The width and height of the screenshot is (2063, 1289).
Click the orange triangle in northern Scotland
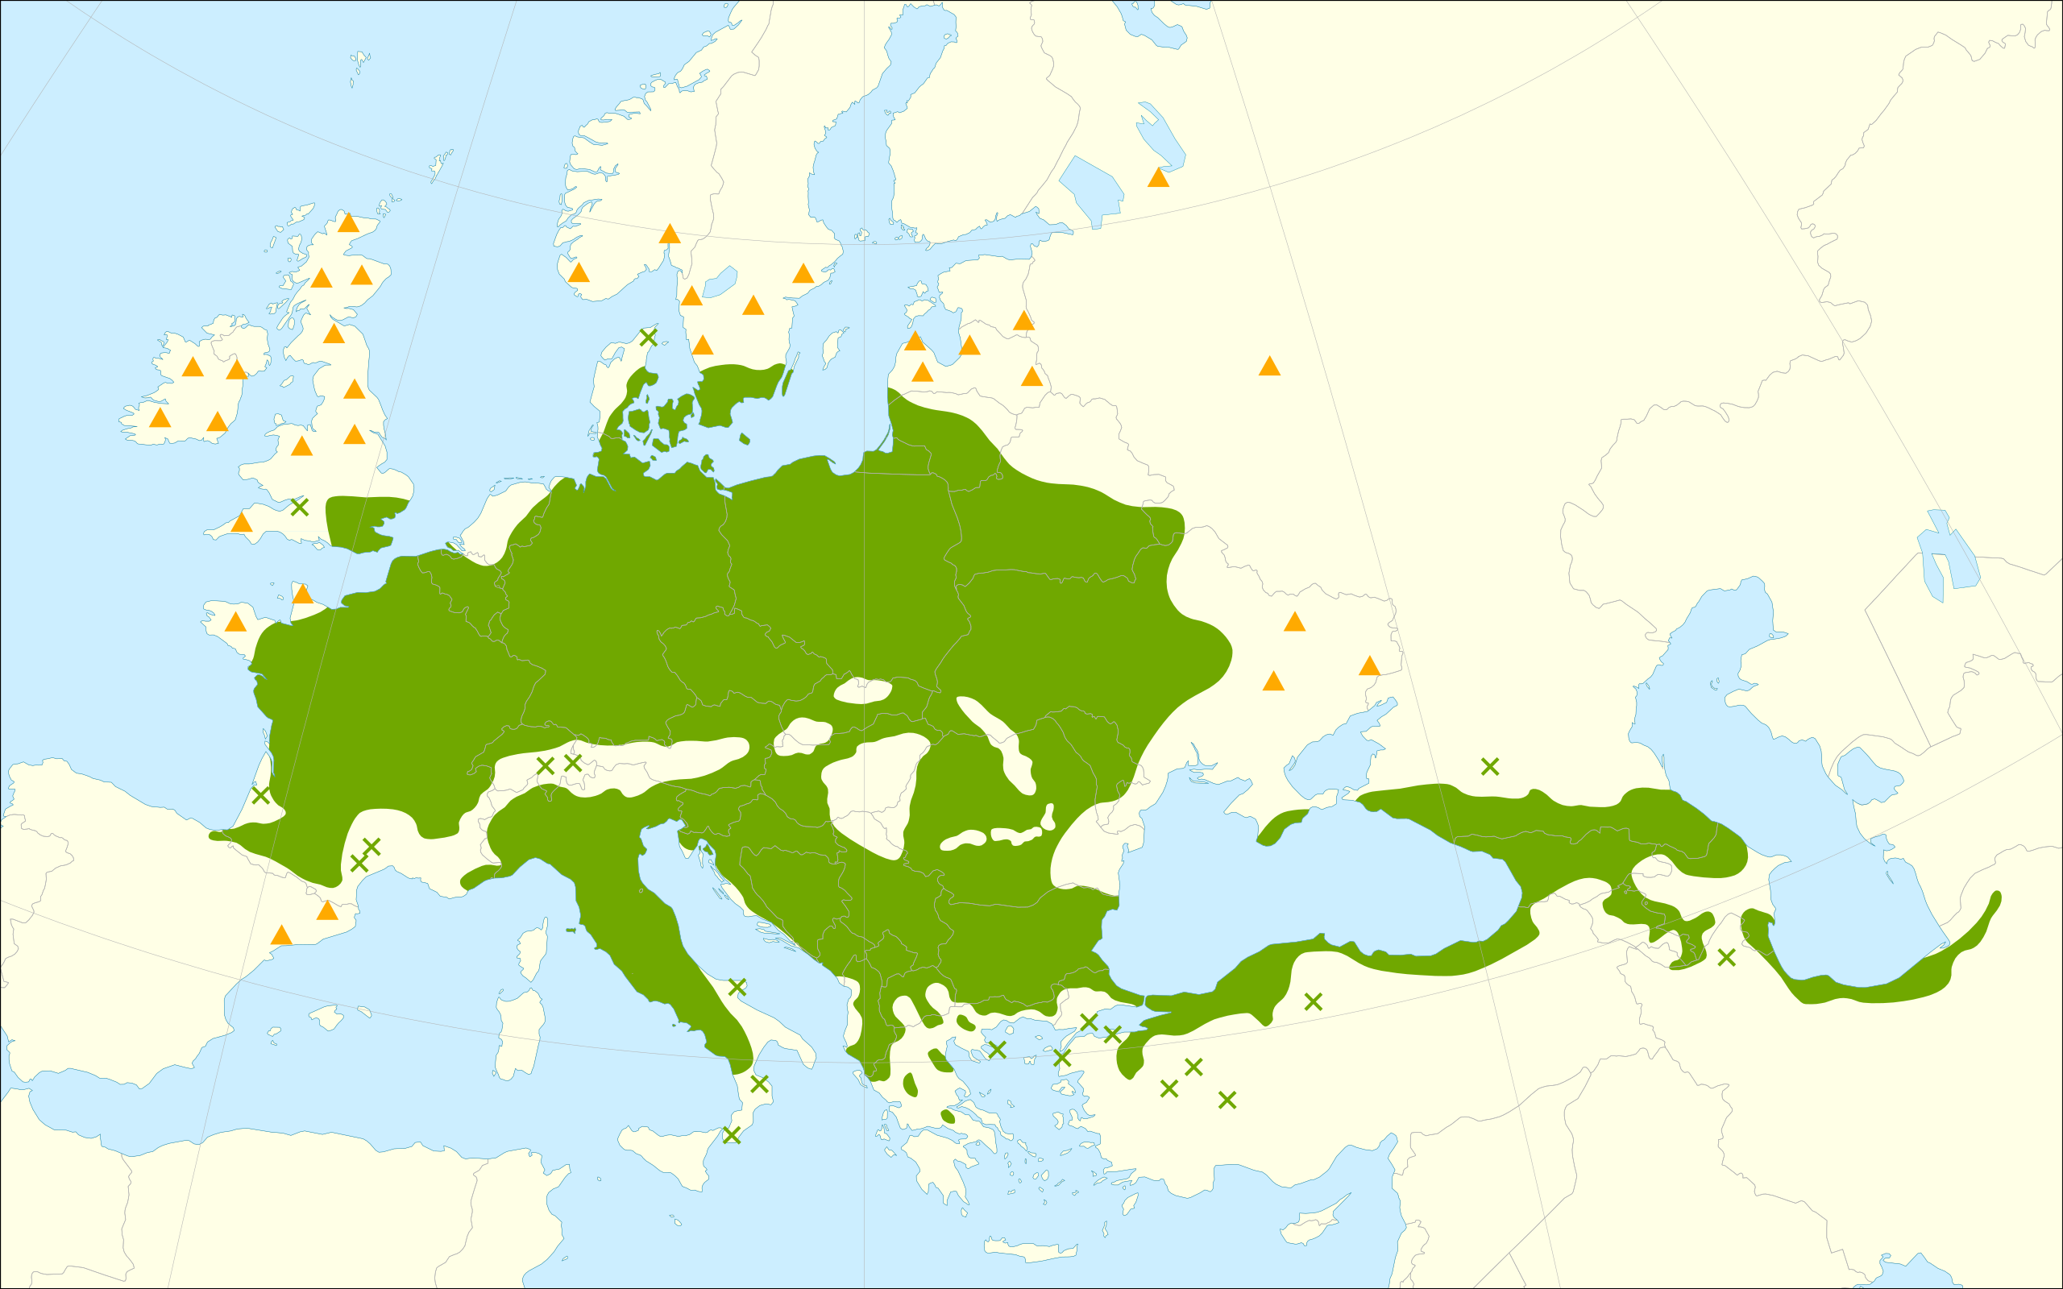point(348,223)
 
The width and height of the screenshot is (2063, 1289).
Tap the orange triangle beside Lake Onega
point(1158,178)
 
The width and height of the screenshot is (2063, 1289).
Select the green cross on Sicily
point(732,1134)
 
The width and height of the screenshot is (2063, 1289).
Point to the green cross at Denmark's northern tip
point(648,338)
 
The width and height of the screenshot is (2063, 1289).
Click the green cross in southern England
point(299,508)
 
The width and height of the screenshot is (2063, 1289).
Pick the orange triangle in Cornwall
point(241,523)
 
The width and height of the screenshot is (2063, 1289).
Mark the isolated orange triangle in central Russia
point(1269,367)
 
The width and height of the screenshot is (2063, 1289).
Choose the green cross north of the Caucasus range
point(1490,766)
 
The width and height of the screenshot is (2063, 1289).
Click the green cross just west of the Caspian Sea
point(1726,957)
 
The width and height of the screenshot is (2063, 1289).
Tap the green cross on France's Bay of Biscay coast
point(261,795)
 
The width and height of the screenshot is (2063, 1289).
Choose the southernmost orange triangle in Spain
point(281,936)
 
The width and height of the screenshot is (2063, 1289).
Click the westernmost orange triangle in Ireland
point(160,418)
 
